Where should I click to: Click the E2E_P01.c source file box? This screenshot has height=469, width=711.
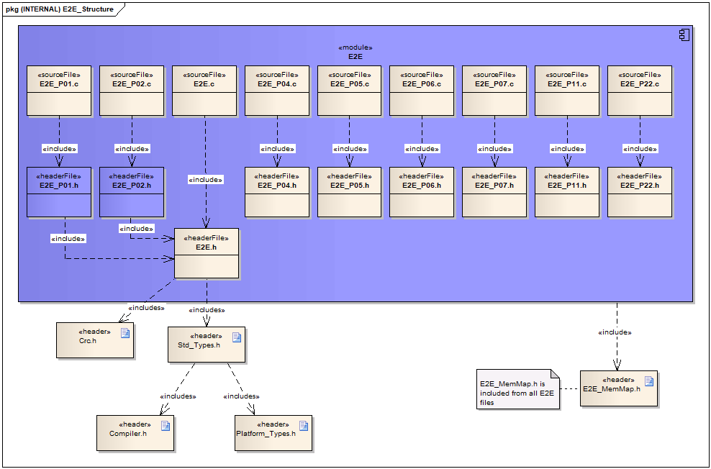59,91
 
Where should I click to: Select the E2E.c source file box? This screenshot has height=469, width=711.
204,91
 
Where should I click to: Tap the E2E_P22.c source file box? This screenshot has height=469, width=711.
640,91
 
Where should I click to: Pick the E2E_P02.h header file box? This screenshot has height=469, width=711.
132,192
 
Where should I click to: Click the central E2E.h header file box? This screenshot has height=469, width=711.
207,253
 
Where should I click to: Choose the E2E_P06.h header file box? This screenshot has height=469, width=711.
422,192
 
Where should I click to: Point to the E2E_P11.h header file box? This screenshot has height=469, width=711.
567,192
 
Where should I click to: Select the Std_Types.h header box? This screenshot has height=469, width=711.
207,345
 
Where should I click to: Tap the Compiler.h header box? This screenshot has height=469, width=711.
136,432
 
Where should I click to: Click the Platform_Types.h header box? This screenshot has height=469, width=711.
273,432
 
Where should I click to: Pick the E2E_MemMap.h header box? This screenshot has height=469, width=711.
619,388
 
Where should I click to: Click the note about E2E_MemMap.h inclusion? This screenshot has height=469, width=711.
517,389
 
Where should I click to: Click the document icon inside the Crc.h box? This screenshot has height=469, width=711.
125,332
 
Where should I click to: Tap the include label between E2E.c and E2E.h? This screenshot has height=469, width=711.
205,180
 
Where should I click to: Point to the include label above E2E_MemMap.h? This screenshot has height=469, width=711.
615,332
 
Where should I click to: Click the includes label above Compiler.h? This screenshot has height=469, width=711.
178,396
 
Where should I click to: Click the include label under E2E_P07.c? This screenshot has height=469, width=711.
494,149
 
